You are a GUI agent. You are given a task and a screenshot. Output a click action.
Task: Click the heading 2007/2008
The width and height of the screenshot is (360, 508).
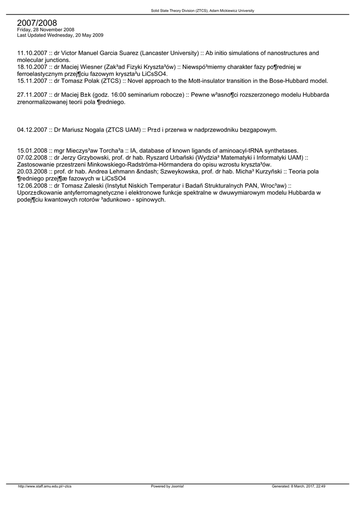click(x=37, y=23)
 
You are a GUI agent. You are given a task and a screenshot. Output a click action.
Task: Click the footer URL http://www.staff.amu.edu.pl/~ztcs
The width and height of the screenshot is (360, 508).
click(x=45, y=486)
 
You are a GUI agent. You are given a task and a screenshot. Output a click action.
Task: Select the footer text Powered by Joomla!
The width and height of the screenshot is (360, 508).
click(x=167, y=486)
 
